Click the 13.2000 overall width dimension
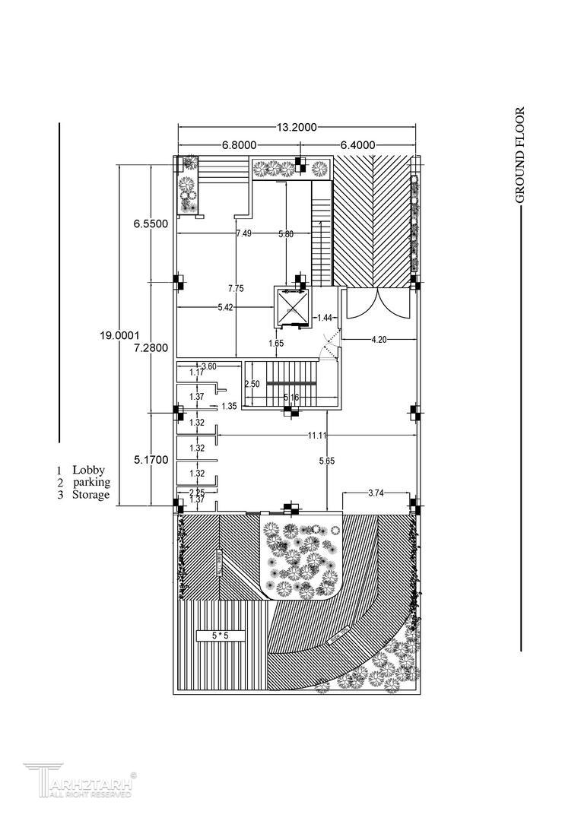(x=296, y=128)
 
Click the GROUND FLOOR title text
(x=520, y=155)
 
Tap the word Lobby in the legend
(x=88, y=471)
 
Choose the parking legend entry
(x=91, y=483)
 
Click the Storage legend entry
(x=90, y=495)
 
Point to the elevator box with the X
(x=293, y=306)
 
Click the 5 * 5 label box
(x=221, y=635)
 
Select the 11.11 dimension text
(x=317, y=435)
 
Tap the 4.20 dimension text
(x=379, y=340)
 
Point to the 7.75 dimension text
(x=236, y=288)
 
